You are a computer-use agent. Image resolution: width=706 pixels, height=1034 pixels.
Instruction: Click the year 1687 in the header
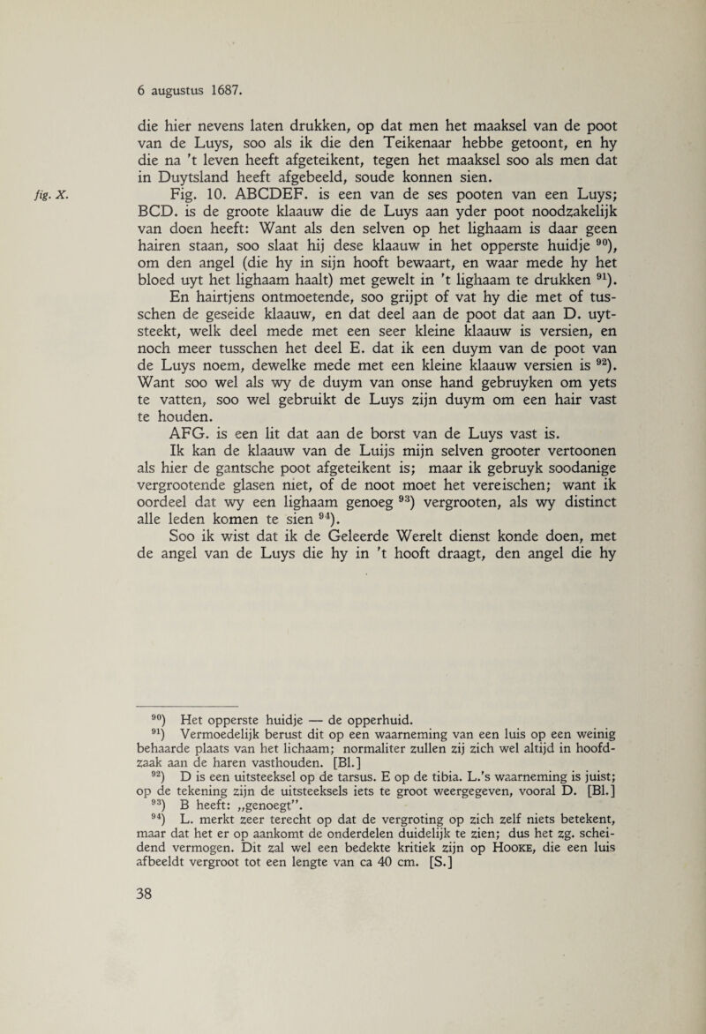(229, 89)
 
